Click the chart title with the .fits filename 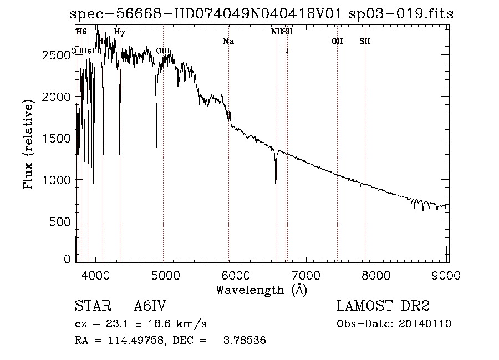pos(262,14)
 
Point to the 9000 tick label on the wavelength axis pos(447,275)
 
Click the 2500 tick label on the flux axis pos(56,55)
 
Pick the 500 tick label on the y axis pos(60,221)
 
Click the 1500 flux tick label pos(56,138)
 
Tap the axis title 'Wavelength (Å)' pos(261,290)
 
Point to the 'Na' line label pos(228,41)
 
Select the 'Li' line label pos(286,51)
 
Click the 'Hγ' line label pos(119,32)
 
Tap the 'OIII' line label pos(164,51)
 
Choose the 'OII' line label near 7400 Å pos(337,41)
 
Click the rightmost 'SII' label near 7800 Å pos(365,41)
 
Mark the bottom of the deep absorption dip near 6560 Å pos(276,187)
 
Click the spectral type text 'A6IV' pos(150,306)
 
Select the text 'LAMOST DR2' pos(383,306)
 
